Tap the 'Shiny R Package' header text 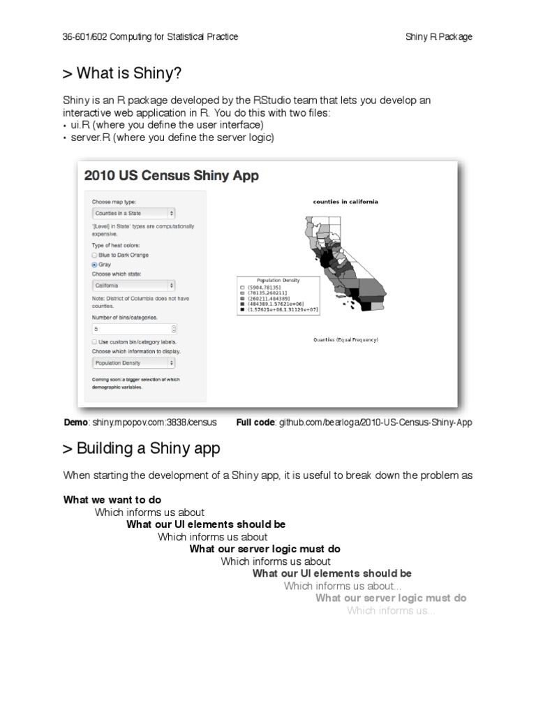438,36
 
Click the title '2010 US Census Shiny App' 171,176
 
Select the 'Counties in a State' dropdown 133,213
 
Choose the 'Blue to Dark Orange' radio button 95,256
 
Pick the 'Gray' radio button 95,265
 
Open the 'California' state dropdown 133,286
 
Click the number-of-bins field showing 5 133,328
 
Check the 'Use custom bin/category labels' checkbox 95,342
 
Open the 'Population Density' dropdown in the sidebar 133,363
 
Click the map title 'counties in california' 345,202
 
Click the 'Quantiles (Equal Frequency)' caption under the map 345,340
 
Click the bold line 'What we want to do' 112,499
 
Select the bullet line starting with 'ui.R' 163,125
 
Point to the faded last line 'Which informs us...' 391,611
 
